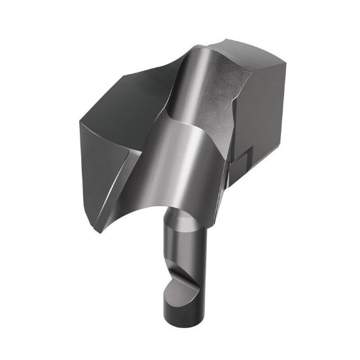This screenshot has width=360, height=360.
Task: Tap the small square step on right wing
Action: pos(244,159)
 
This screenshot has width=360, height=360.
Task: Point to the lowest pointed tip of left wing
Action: pos(99,230)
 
